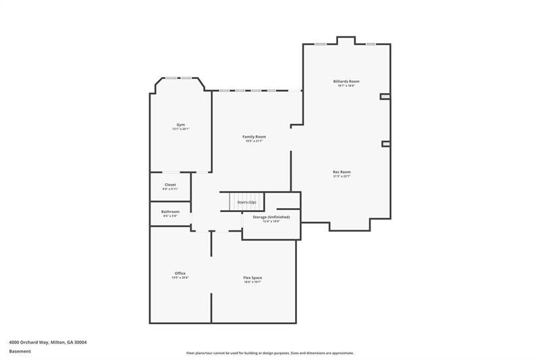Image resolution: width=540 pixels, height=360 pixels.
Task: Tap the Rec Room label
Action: coord(342,172)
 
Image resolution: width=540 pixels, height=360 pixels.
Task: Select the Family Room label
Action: coord(254,136)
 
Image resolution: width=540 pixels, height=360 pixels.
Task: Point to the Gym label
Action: coord(180,124)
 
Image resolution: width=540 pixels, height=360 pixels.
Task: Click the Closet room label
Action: coord(170,184)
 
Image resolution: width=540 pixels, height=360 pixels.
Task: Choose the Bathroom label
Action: coord(170,211)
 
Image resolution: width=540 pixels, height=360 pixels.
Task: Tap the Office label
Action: coord(180,273)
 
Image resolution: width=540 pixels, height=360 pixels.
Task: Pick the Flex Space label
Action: coord(252,278)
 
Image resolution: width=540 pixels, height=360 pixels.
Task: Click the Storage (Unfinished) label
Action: coord(271,217)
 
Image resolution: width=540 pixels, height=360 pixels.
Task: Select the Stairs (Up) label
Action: coord(247,202)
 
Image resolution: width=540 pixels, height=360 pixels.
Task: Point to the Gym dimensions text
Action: coord(180,129)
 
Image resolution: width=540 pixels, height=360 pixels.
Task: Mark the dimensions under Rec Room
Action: coord(342,176)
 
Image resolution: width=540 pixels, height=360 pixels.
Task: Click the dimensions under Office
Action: coord(180,278)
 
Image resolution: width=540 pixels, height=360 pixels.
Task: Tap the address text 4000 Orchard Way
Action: coord(47,342)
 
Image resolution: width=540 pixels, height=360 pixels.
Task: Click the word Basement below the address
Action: coord(19,351)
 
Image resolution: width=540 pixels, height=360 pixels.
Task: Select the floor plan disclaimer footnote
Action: coord(270,353)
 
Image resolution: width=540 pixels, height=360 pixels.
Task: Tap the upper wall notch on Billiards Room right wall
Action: coord(385,97)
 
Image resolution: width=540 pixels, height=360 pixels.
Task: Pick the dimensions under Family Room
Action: coord(254,141)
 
